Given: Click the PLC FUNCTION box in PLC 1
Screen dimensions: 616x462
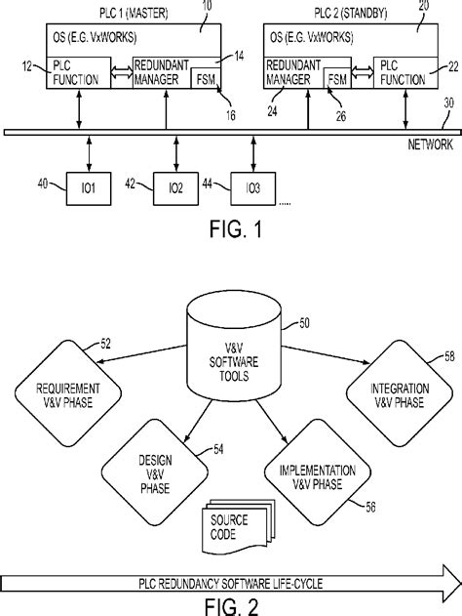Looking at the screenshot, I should tap(76, 74).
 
